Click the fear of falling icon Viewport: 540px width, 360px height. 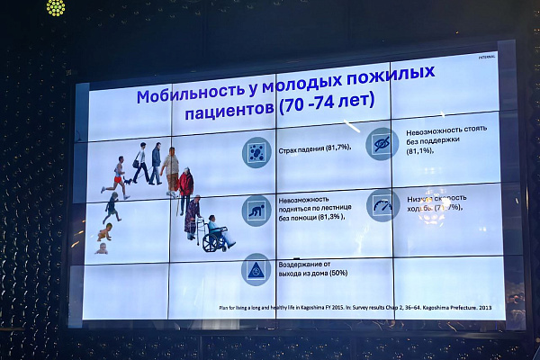(256, 152)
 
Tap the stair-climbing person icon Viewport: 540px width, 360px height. (256, 211)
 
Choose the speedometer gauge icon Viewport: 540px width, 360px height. (383, 205)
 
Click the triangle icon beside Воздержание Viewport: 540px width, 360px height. (256, 268)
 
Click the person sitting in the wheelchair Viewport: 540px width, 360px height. (216, 232)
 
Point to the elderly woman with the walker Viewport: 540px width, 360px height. (193, 216)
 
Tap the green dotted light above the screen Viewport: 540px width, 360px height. (55, 7)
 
